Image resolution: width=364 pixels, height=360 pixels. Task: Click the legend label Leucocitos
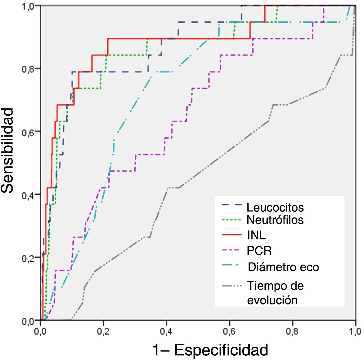pos(275,207)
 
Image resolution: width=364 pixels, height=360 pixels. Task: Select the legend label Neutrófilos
pos(275,220)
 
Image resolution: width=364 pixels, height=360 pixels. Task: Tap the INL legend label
pos(256,235)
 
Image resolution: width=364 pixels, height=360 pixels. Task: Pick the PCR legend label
pos(259,251)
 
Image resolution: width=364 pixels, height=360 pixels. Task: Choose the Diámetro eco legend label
pos(283,267)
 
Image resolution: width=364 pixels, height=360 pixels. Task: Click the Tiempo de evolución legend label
pos(275,293)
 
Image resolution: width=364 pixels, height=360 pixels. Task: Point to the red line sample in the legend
pos(231,235)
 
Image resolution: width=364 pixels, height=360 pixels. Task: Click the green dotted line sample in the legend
pos(231,220)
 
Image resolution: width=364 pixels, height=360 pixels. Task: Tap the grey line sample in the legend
pos(231,286)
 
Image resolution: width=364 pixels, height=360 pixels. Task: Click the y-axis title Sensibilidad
pos(7,150)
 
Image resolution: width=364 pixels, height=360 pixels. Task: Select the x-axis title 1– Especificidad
pos(210,350)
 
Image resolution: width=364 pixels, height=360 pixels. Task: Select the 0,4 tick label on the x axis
pos(166,331)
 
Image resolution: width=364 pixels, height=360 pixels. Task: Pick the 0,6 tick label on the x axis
pos(229,331)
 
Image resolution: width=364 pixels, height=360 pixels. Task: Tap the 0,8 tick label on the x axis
pos(292,331)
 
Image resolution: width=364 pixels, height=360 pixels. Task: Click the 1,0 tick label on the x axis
pos(355,331)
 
